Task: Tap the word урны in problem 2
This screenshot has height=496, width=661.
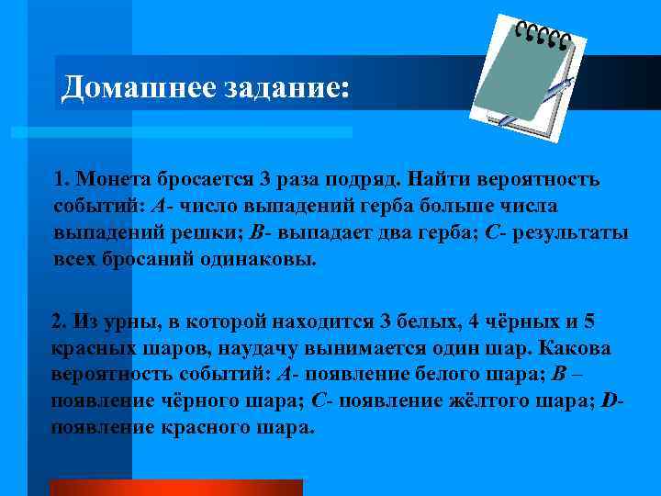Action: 111,322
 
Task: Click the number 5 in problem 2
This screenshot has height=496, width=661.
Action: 590,322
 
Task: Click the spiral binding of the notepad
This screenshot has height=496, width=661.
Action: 543,35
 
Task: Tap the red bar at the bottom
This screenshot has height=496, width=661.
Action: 174,487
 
